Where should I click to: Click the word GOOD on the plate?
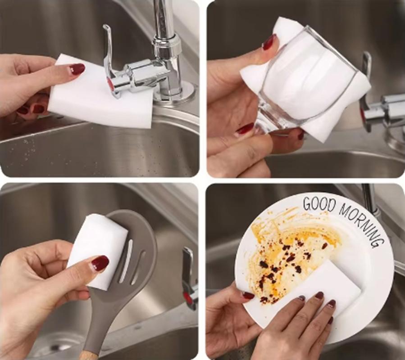coord(319,203)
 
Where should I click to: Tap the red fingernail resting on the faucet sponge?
coord(77,69)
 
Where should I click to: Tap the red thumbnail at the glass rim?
coord(269,41)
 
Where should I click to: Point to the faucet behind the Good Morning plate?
coord(370,198)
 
